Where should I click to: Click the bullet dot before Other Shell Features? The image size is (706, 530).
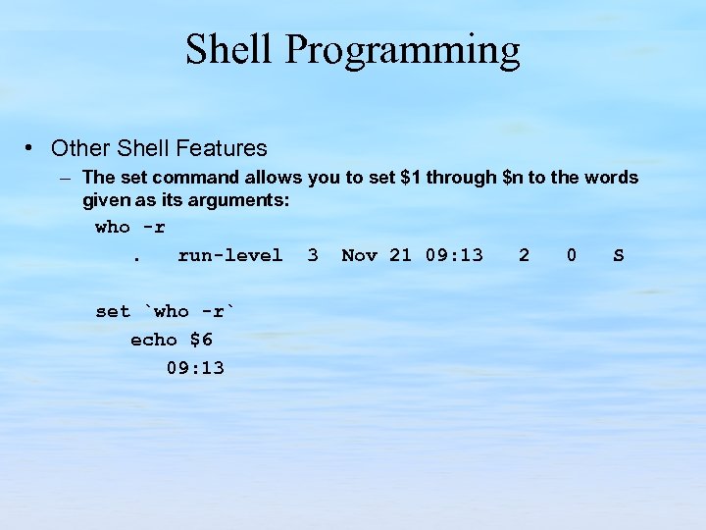[32, 148]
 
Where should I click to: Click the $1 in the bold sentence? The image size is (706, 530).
[412, 178]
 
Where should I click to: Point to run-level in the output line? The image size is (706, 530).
[229, 255]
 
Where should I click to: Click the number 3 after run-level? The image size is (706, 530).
[312, 255]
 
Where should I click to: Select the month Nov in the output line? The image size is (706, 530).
[359, 255]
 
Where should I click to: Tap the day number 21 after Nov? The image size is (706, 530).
[400, 255]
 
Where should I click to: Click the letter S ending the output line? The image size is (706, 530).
[619, 255]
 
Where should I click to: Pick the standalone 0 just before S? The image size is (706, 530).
[572, 255]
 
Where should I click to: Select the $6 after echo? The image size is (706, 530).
[201, 340]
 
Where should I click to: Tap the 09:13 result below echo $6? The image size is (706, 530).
[195, 368]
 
